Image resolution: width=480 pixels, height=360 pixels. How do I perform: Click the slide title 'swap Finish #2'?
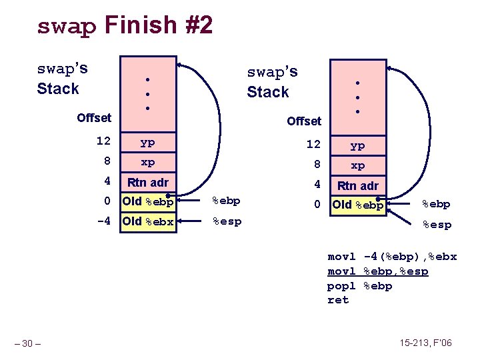[125, 26]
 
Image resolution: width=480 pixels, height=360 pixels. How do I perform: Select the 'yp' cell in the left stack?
[147, 142]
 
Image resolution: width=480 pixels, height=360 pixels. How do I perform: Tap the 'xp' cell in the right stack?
[357, 165]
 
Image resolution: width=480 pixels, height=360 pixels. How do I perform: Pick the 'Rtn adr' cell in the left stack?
[147, 182]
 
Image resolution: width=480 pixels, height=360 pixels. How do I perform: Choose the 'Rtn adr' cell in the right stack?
[357, 185]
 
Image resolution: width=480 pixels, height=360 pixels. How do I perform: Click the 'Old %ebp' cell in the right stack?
[357, 205]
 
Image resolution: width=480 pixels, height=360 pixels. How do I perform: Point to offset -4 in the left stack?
[103, 221]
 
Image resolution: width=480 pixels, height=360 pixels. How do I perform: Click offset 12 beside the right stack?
[313, 145]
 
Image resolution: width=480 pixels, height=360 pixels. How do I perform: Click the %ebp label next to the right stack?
[436, 205]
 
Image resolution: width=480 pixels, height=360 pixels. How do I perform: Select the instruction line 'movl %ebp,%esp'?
[377, 271]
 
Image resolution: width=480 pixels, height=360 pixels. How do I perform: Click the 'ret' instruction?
[338, 300]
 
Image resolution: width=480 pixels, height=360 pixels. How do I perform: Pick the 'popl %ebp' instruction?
[359, 286]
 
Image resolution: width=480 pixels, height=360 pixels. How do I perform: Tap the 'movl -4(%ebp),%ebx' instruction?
[392, 257]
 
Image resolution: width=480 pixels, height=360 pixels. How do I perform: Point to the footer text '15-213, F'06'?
[425, 343]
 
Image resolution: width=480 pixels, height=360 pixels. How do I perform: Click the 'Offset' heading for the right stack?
[304, 121]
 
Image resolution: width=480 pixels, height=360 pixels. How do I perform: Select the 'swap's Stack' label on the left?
[62, 79]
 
